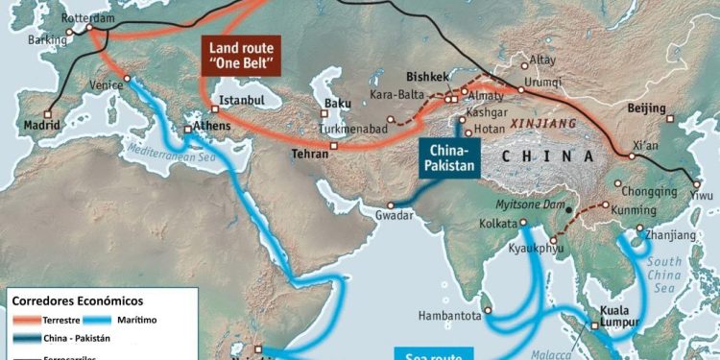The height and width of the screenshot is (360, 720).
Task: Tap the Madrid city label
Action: tap(41, 126)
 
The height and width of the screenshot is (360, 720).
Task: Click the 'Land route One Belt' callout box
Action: tap(240, 57)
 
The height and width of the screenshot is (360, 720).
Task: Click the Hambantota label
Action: tap(448, 315)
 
